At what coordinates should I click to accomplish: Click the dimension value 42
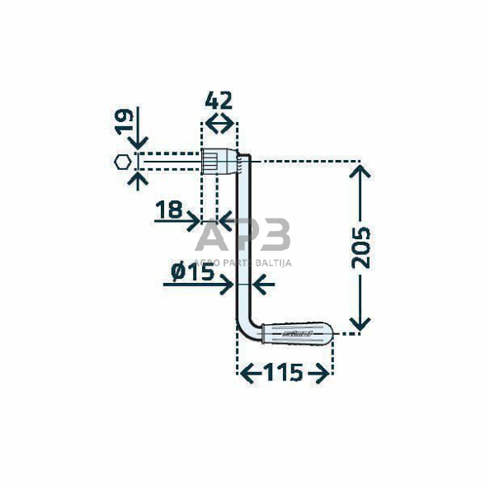tap(219, 101)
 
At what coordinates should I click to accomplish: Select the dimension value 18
tap(169, 210)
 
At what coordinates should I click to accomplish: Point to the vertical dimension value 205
tap(360, 246)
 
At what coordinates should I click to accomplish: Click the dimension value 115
tap(284, 374)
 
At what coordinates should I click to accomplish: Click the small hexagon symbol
tap(121, 162)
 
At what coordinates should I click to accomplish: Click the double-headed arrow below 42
tap(219, 124)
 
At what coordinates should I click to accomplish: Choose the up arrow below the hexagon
tap(138, 179)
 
